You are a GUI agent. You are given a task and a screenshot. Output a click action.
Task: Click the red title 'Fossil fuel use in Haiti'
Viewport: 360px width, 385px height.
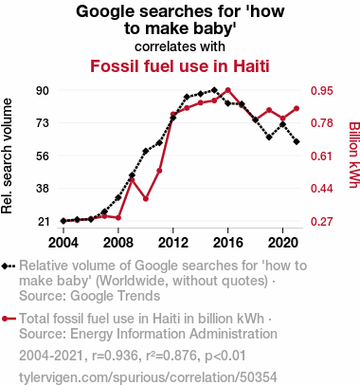(180, 66)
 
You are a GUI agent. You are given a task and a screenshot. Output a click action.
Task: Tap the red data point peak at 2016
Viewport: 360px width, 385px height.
(228, 90)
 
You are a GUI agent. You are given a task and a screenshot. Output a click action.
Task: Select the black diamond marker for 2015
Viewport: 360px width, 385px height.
(214, 90)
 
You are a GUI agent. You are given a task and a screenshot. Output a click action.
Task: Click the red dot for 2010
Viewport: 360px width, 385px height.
(146, 199)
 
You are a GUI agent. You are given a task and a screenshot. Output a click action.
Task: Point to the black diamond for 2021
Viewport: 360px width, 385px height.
(297, 142)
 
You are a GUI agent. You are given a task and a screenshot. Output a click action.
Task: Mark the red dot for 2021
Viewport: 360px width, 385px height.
(297, 109)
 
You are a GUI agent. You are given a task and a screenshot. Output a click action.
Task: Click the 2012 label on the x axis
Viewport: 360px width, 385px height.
(173, 243)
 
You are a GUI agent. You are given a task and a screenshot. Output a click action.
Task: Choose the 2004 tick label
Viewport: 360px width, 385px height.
(63, 243)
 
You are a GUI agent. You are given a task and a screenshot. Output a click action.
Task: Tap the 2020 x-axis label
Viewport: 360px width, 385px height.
(283, 243)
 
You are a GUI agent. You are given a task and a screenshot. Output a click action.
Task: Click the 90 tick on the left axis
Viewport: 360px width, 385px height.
(43, 91)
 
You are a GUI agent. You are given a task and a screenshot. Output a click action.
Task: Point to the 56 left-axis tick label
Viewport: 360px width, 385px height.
(43, 156)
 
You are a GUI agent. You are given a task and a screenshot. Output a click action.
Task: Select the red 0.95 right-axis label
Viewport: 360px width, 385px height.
(322, 91)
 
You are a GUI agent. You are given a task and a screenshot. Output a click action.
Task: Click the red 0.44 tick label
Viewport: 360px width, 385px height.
(322, 189)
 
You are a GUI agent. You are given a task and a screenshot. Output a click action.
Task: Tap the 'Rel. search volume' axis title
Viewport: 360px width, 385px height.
(7, 156)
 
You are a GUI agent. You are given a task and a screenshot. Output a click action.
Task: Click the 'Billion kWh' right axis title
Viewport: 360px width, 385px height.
(354, 155)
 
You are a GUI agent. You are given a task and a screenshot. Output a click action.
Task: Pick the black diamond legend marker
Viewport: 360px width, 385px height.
(9, 266)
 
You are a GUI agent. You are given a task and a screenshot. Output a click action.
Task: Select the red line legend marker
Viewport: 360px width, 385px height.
(9, 319)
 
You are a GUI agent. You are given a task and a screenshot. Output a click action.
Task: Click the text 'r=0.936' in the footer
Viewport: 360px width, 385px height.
(115, 356)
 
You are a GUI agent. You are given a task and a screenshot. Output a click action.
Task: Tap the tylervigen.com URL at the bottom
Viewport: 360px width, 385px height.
(148, 377)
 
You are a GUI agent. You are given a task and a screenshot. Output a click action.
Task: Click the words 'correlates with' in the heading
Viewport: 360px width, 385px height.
(180, 46)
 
